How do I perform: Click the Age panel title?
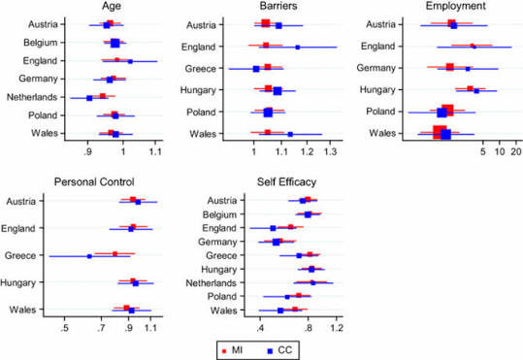112,7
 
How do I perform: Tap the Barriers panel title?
278,6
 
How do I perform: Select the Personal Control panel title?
94,181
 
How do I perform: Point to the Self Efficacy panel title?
286,182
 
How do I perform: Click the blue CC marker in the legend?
270,351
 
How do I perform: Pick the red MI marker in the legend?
224,351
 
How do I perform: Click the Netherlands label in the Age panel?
32,97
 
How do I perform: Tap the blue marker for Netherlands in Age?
89,98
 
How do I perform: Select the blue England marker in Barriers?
298,48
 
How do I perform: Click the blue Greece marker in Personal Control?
89,256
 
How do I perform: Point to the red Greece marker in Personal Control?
115,254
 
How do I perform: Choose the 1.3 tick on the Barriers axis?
330,151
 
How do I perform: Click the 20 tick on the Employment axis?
515,151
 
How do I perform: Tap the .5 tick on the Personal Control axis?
64,328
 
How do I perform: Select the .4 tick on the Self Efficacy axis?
260,328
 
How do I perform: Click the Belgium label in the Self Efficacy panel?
220,214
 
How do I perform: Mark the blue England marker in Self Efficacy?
273,228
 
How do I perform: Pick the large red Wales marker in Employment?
440,132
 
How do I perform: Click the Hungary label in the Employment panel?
377,89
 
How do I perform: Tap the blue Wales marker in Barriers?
290,135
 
